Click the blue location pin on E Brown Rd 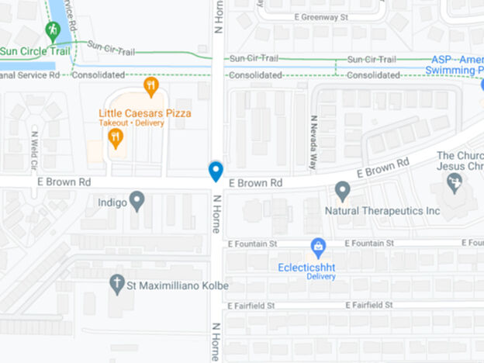pos(216,171)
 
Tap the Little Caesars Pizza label pos(145,113)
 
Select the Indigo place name pos(112,202)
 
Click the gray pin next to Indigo pos(137,201)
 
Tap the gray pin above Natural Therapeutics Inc pos(342,191)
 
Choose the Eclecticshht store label pos(310,267)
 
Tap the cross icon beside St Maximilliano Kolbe pos(117,284)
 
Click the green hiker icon pos(53,31)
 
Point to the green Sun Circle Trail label pos(36,52)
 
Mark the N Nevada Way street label pos(314,143)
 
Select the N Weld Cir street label pos(34,149)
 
